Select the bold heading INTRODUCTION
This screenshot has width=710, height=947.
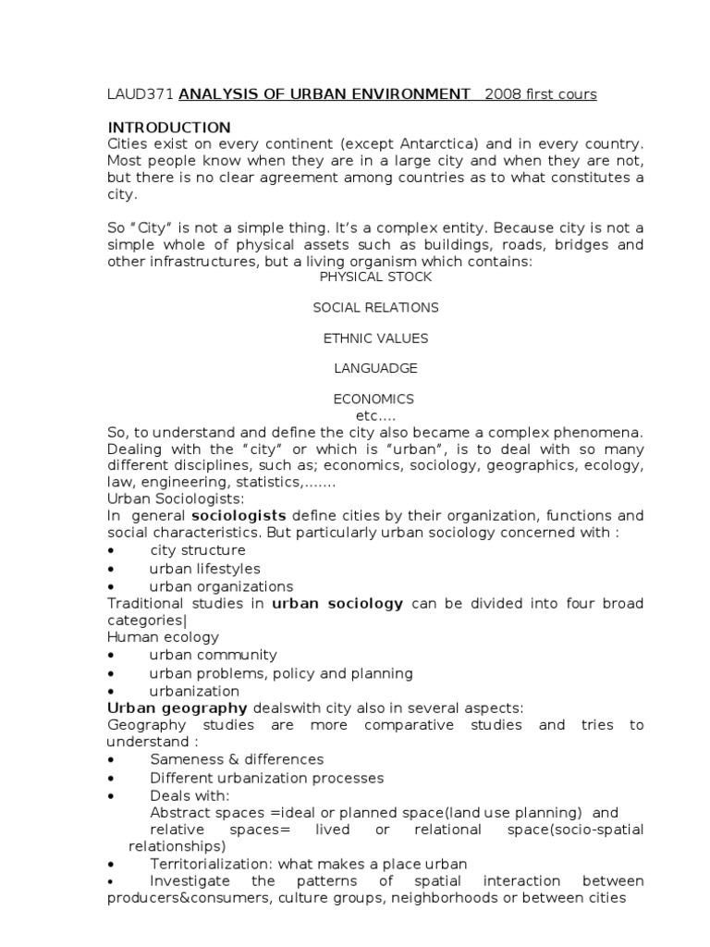(169, 127)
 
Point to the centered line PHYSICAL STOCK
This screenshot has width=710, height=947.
(375, 277)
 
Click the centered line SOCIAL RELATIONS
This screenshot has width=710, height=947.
(375, 307)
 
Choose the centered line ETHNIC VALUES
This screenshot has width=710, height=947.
(375, 338)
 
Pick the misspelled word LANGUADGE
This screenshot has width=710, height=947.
(375, 368)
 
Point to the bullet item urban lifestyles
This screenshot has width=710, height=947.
(204, 569)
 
